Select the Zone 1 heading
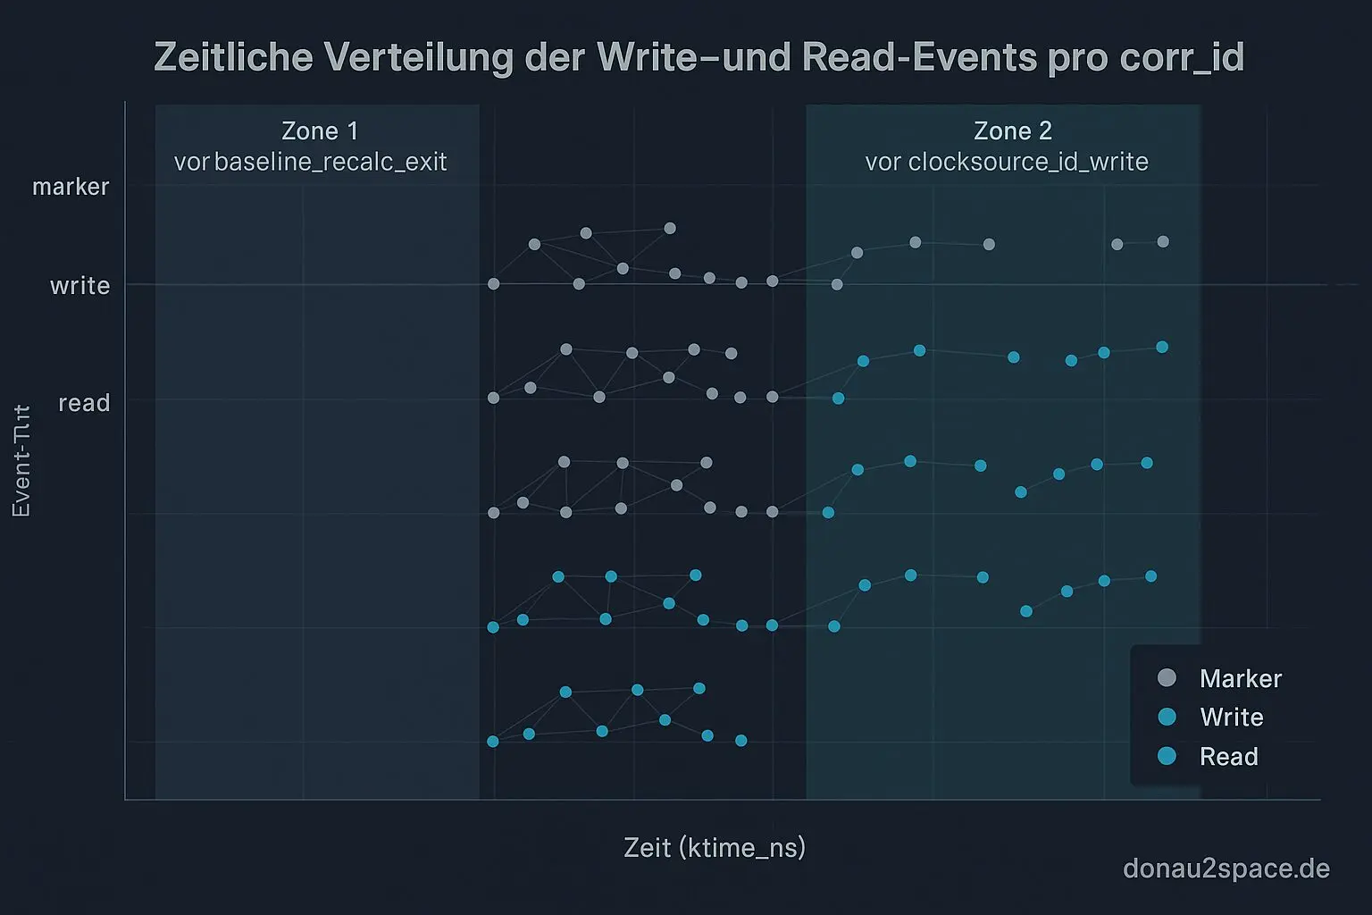pos(320,131)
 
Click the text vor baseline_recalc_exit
pos(311,162)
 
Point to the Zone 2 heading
pos(1013,131)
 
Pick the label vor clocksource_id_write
pos(1007,162)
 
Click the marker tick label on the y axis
pos(71,187)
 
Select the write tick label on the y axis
pos(79,286)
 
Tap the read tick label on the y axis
pos(84,403)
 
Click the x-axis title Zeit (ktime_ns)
pos(715,847)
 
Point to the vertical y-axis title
pos(21,461)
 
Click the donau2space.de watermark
pos(1226,868)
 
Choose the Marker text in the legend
pos(1241,679)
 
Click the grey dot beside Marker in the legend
pos(1167,678)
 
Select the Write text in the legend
pos(1231,718)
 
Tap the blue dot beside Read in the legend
pos(1167,756)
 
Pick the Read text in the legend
pos(1228,757)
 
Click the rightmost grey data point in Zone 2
pos(1163,242)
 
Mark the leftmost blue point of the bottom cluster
pos(493,742)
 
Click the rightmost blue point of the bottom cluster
pos(740,741)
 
